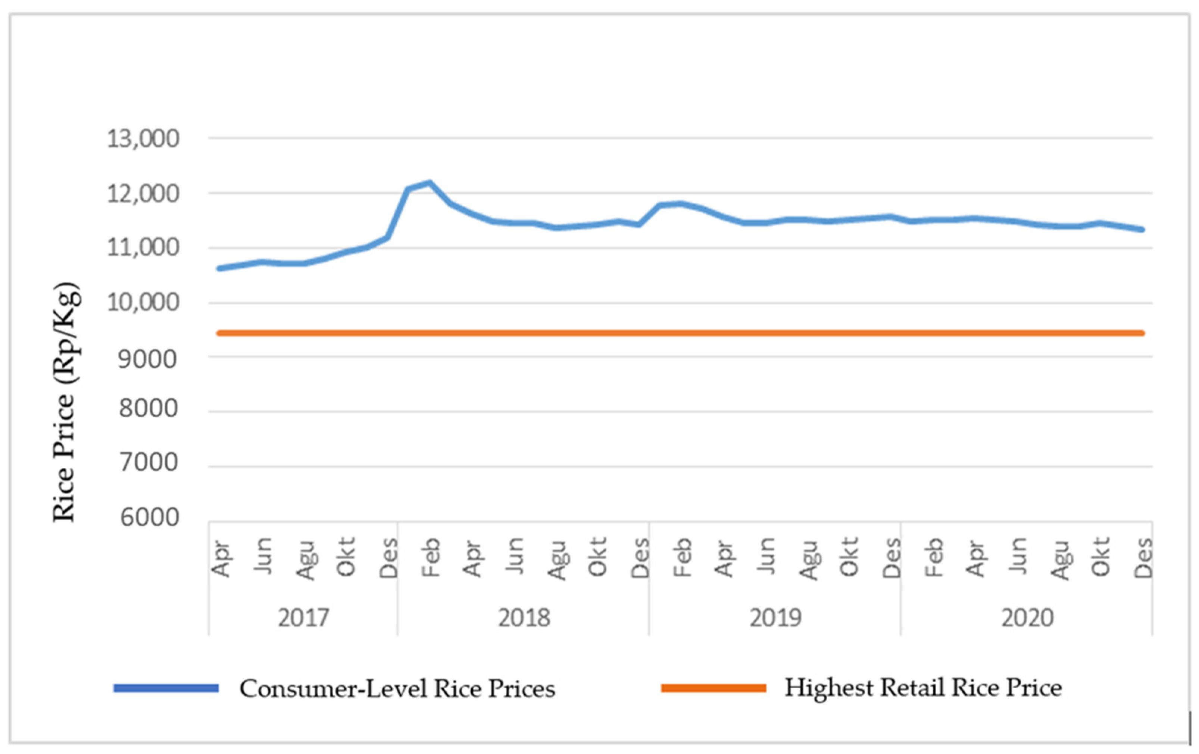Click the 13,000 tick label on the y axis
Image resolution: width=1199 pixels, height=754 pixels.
pyautogui.click(x=143, y=139)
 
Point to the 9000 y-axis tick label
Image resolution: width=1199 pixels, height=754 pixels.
pyautogui.click(x=147, y=359)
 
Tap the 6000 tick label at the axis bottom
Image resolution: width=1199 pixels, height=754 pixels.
pyautogui.click(x=149, y=518)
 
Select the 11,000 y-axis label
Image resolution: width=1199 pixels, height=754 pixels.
pyautogui.click(x=143, y=247)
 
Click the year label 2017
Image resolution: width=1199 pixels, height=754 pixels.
pyautogui.click(x=303, y=618)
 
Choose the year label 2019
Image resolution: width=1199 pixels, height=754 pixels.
pyautogui.click(x=775, y=618)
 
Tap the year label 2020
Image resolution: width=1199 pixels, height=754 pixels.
pyautogui.click(x=1027, y=618)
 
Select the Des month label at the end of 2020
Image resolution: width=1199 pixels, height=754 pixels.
pyautogui.click(x=1143, y=557)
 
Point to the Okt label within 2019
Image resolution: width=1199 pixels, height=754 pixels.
pyautogui.click(x=849, y=557)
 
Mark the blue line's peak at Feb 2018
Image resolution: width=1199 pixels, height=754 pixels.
pyautogui.click(x=429, y=183)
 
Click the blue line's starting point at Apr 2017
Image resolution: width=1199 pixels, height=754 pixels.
pyautogui.click(x=219, y=268)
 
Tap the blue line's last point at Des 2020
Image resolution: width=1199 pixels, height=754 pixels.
pyautogui.click(x=1143, y=230)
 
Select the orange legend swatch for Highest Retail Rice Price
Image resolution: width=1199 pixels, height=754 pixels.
pyautogui.click(x=713, y=688)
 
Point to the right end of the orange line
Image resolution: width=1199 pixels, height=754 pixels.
pyautogui.click(x=1143, y=333)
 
